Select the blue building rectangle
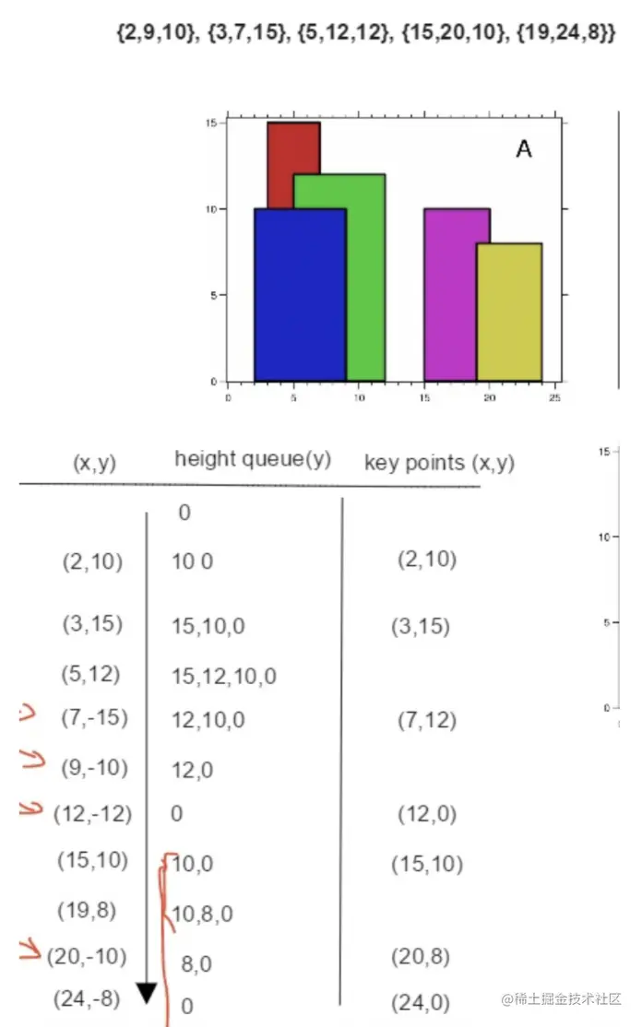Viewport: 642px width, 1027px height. tap(300, 295)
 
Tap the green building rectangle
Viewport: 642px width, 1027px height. tap(365, 277)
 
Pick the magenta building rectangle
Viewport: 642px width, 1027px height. tap(450, 295)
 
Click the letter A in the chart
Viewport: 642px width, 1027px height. tap(523, 149)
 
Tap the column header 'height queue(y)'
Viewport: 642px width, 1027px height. tap(253, 459)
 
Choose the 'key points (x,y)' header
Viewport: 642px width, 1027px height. tap(439, 463)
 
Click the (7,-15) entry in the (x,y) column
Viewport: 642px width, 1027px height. tap(93, 717)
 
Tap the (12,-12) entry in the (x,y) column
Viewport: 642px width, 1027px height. tap(93, 814)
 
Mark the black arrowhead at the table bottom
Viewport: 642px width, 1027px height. tap(147, 992)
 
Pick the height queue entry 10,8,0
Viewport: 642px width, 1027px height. tap(202, 914)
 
